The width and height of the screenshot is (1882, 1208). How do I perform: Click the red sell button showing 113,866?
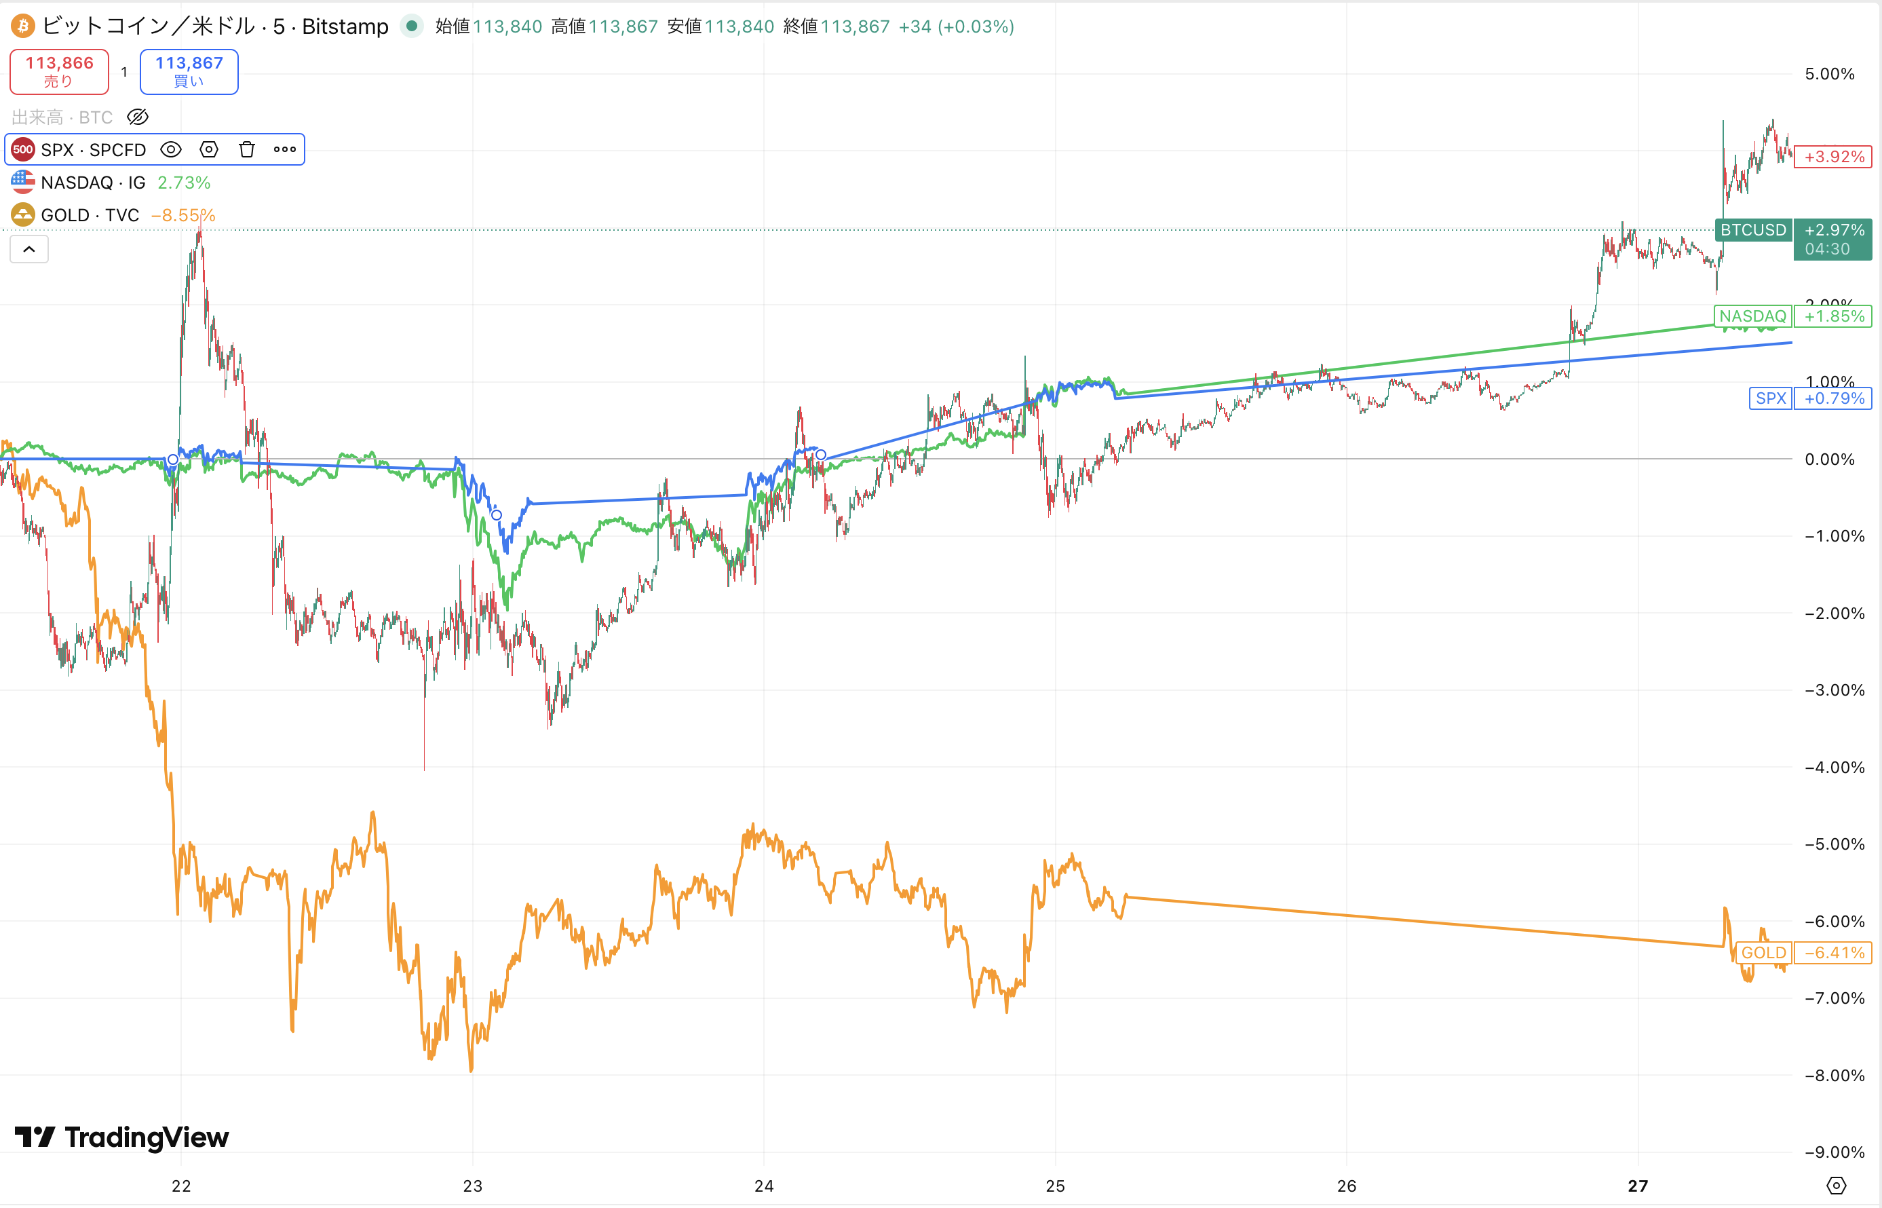59,71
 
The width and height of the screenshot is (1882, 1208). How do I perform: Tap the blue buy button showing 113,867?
189,71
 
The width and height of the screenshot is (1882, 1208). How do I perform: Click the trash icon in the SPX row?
247,149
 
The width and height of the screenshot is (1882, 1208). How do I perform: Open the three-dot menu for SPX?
285,149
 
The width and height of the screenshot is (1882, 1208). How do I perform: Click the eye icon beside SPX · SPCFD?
171,149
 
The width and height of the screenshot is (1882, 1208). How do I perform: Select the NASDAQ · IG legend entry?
92,183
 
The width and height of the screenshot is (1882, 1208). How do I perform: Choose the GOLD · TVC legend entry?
90,215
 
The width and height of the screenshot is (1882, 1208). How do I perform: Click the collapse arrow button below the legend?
29,250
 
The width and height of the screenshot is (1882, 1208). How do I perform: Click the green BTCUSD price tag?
1752,230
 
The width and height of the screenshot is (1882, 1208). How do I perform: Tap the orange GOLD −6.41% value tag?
1833,952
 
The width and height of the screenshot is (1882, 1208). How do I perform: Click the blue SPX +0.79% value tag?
1833,398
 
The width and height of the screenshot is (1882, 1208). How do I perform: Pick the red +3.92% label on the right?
1833,156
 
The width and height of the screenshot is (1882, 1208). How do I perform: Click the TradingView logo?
121,1137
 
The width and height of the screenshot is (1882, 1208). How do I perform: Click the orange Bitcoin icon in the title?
23,26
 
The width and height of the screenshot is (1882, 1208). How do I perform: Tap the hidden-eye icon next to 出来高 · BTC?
138,117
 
